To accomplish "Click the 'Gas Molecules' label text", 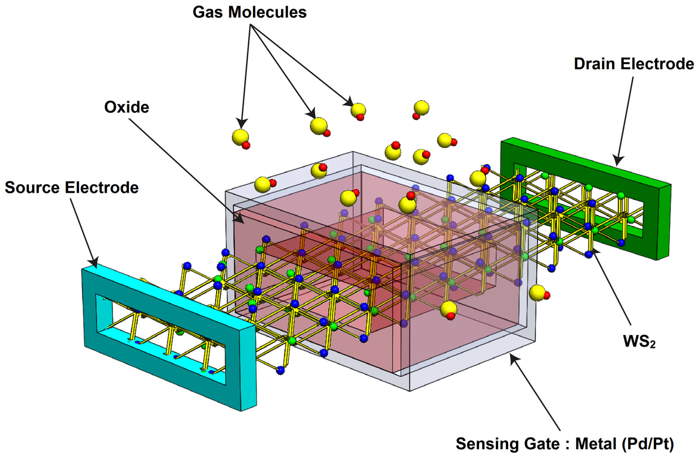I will click(249, 12).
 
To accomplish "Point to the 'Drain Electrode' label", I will click(634, 64).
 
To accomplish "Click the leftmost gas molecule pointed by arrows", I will click(240, 137).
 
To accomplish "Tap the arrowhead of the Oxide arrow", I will click(239, 218).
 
